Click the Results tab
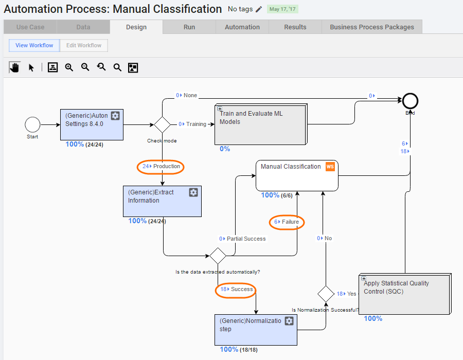point(295,27)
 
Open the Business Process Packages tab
point(372,27)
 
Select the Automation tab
point(242,27)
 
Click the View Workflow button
point(34,45)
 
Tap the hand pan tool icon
point(14,67)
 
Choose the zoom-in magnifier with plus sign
point(69,67)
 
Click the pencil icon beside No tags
point(259,9)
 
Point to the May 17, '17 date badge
point(282,9)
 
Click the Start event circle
point(32,124)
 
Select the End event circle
point(410,101)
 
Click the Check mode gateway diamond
point(162,124)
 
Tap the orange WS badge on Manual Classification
point(330,167)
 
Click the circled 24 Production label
point(161,167)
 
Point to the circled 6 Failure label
point(287,222)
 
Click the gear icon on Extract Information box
point(193,192)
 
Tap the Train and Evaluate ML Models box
point(261,124)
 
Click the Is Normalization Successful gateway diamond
point(326,294)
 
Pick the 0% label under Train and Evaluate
point(225,149)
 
